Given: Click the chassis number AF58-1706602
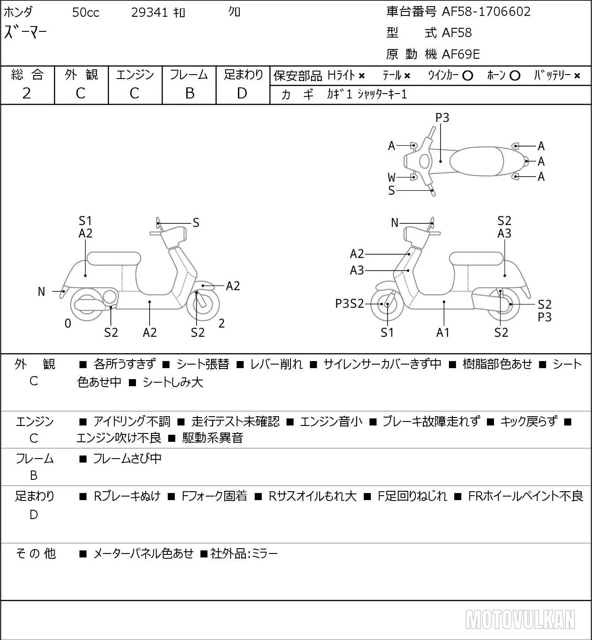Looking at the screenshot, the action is (486, 12).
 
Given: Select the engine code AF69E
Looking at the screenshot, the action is (461, 54).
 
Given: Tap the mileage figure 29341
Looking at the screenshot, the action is (149, 12).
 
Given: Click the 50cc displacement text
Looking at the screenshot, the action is (86, 12).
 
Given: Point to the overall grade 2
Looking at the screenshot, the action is (27, 93).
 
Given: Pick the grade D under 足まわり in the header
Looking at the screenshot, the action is (242, 93).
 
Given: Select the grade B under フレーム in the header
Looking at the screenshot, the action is (189, 93).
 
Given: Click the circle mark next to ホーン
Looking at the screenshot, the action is (515, 76).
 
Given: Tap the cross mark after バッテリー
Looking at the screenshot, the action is (577, 76).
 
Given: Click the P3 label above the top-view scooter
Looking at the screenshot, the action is (442, 117).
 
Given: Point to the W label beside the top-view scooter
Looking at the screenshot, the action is (392, 177).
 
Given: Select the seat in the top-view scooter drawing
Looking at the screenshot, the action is (476, 161).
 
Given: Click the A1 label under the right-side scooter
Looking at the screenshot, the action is (442, 332).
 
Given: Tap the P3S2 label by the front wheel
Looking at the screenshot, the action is (350, 304).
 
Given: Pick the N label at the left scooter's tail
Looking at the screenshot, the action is (41, 292).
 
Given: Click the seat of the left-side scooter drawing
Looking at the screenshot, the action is (114, 259).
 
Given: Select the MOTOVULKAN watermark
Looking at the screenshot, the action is (520, 619).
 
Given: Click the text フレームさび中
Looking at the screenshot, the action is (127, 458).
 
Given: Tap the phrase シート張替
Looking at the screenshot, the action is (203, 364).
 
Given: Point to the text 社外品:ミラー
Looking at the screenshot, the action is (244, 553).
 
